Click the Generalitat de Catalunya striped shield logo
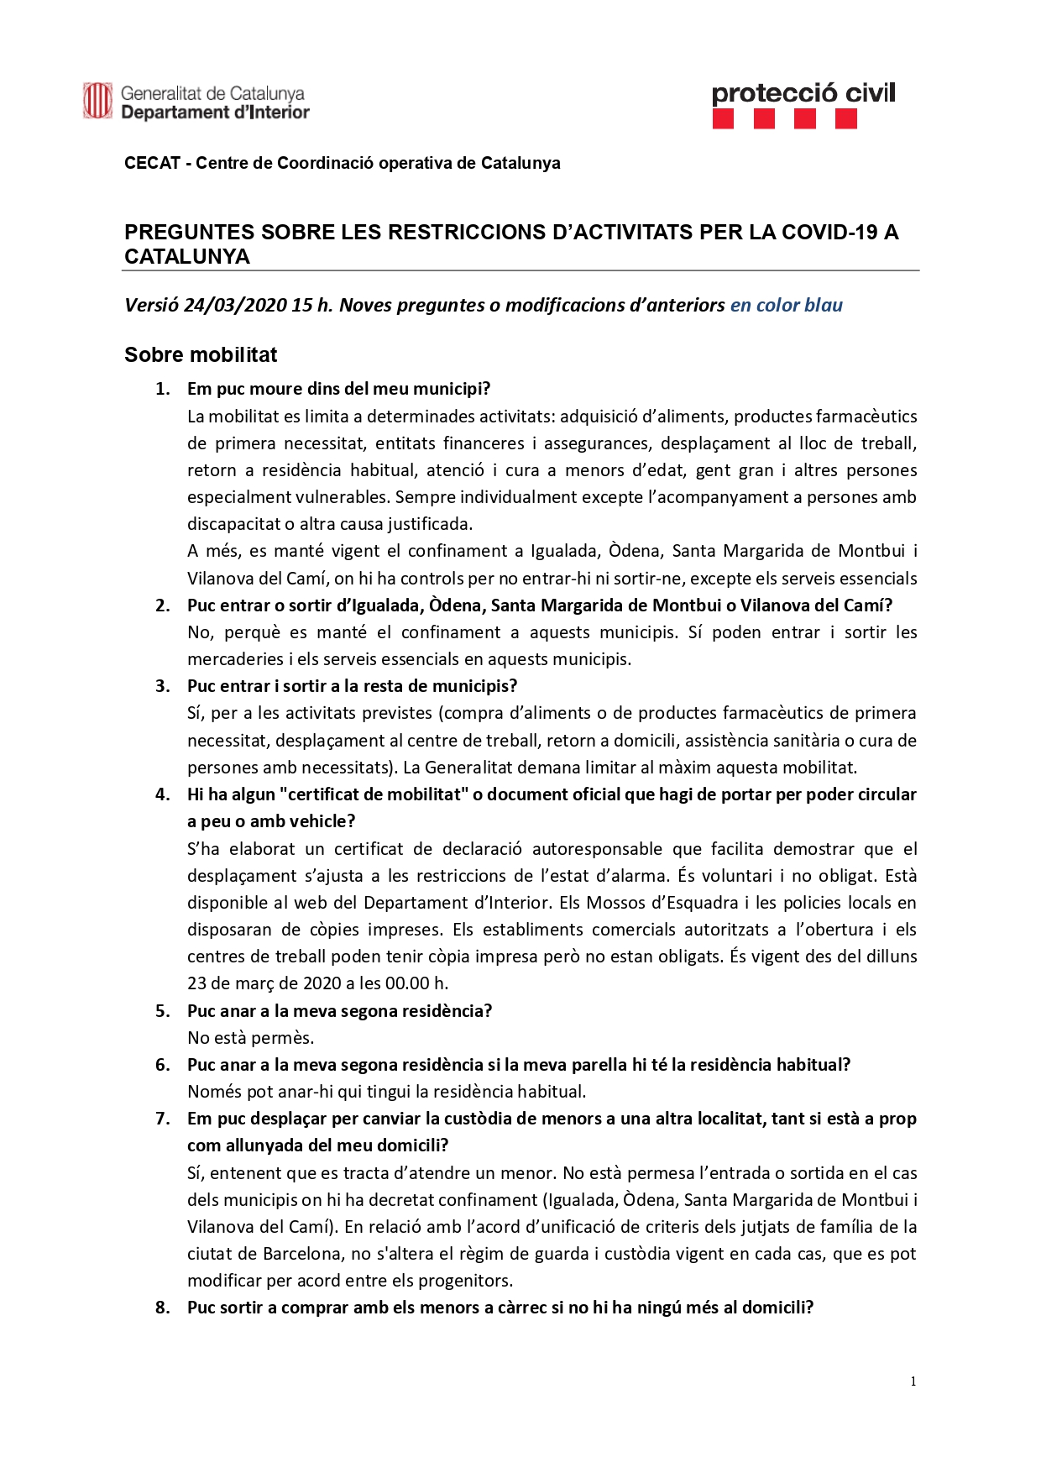pos(97,102)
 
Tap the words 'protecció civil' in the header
pos(803,93)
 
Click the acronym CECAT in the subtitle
pos(152,163)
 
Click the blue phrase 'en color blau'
pos(786,305)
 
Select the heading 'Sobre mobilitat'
pos(201,355)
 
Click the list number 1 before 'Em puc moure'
pos(162,389)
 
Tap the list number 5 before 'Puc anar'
pos(162,1011)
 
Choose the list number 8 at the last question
pos(162,1308)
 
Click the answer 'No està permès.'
pos(250,1038)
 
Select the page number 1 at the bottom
pos(913,1381)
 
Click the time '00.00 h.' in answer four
pos(416,983)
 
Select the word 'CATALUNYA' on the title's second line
pos(187,257)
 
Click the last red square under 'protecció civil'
pos(846,119)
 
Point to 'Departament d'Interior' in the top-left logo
pos(215,113)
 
